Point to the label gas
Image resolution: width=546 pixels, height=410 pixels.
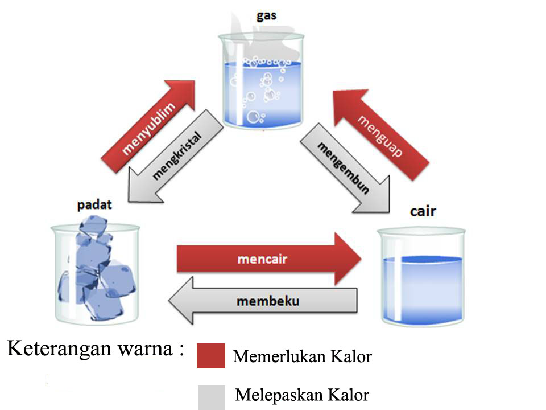[x=266, y=15]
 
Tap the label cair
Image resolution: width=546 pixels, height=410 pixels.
[x=423, y=212]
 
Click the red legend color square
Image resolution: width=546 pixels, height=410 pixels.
[x=210, y=356]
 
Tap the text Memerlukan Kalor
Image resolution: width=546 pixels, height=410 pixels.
[x=302, y=357]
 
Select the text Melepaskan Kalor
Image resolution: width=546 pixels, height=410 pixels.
[x=302, y=395]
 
